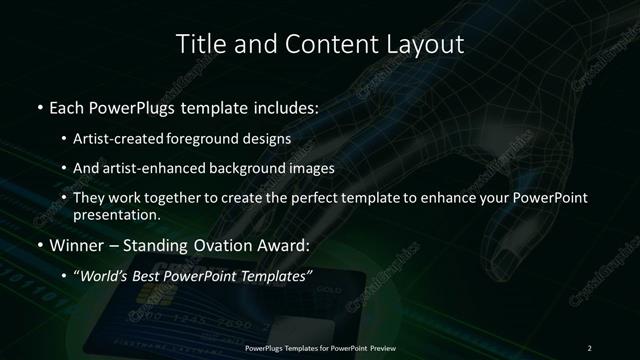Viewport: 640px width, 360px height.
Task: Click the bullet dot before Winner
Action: pyautogui.click(x=38, y=244)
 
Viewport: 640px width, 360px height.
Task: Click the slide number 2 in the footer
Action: pyautogui.click(x=589, y=348)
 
